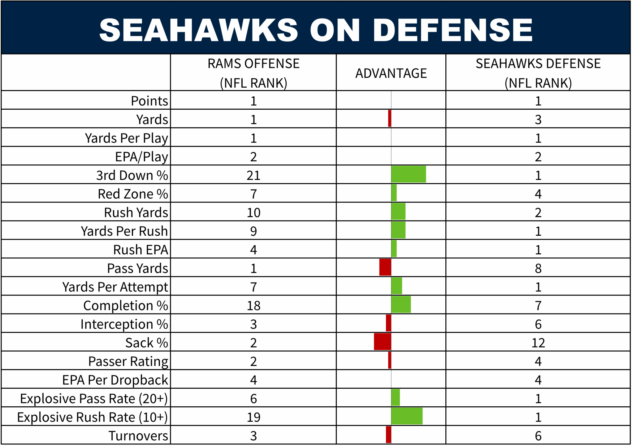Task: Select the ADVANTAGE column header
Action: (x=391, y=73)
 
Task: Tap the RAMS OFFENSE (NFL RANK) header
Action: (x=253, y=73)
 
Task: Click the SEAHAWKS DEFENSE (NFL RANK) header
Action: (x=538, y=73)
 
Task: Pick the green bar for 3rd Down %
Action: (x=408, y=174)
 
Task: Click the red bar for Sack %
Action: (x=382, y=342)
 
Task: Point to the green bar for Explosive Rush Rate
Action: (x=407, y=416)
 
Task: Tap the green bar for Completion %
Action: (x=401, y=305)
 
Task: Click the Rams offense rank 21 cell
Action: (x=253, y=175)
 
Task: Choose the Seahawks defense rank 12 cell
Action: (x=538, y=343)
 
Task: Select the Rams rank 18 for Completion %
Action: (x=253, y=306)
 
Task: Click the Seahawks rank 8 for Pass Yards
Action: (x=538, y=269)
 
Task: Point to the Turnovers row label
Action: (x=138, y=436)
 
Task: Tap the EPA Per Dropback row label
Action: (x=115, y=380)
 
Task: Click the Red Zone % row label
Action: (x=133, y=194)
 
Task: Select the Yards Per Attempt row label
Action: (x=115, y=287)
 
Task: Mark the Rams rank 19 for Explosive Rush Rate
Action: (x=253, y=417)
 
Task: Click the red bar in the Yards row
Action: (x=390, y=119)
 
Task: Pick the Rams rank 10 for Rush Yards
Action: (x=253, y=213)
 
